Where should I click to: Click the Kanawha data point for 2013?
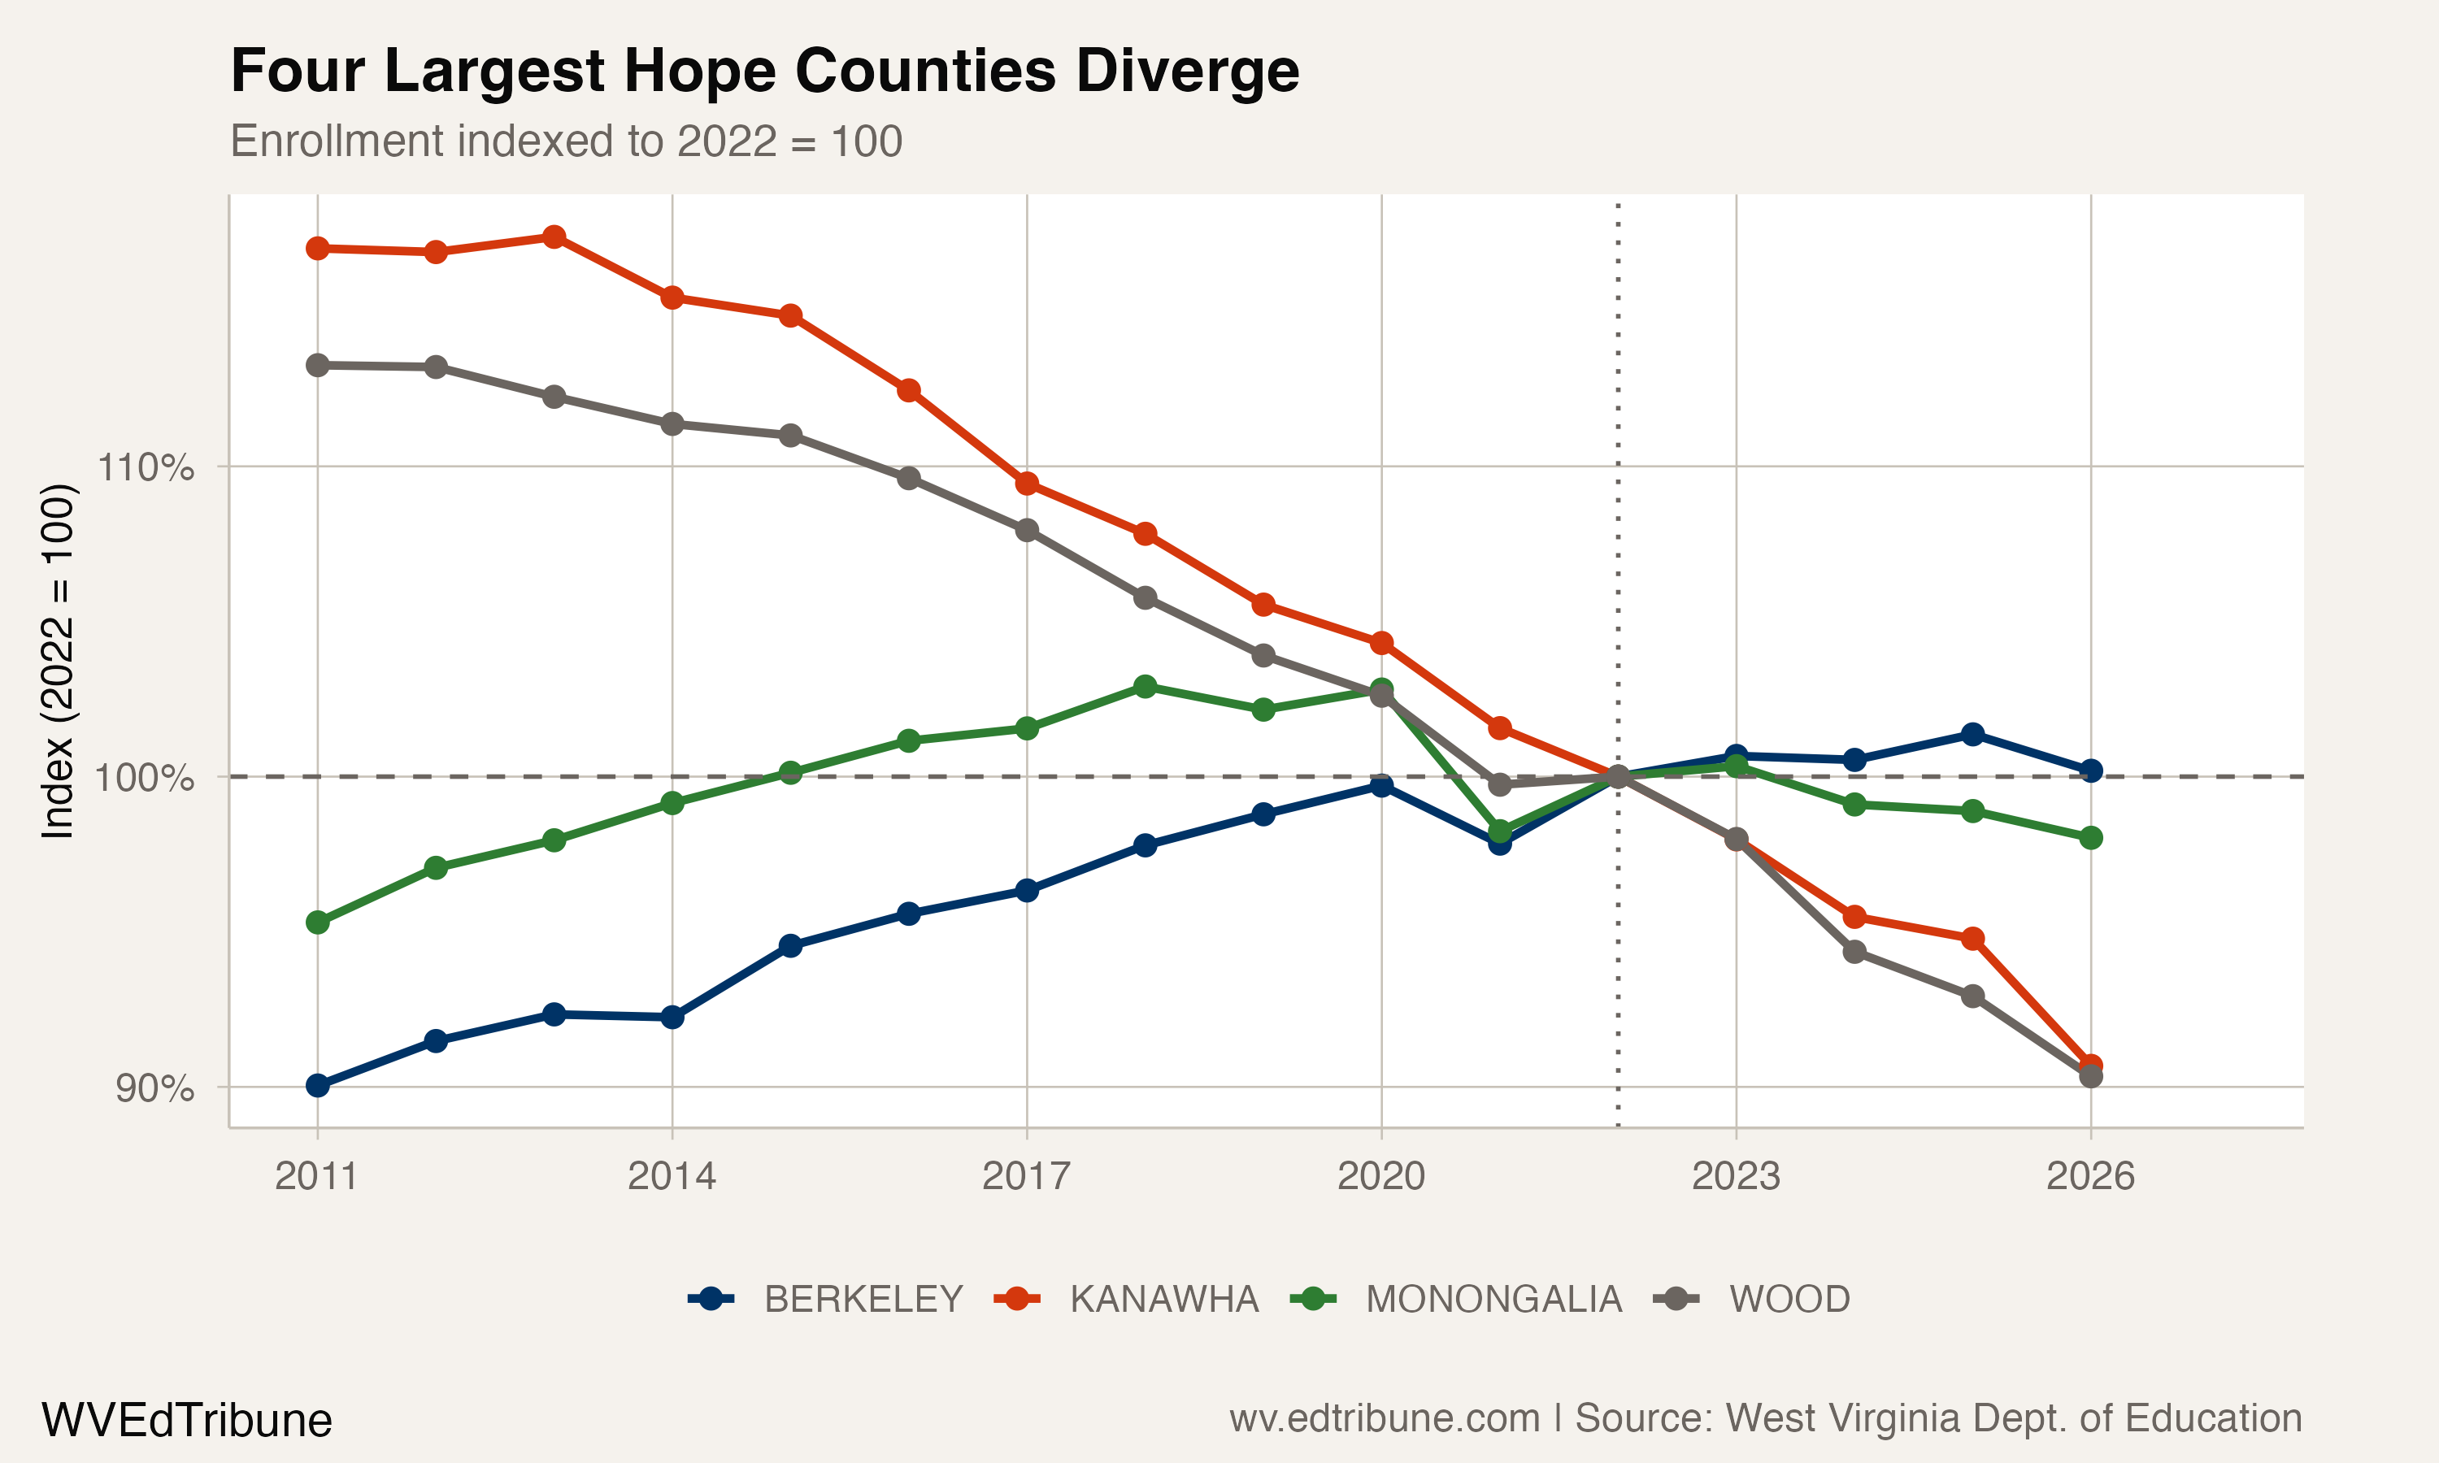pyautogui.click(x=554, y=237)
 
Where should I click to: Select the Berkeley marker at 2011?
pyautogui.click(x=317, y=1085)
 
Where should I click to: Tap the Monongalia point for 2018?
pyautogui.click(x=1145, y=686)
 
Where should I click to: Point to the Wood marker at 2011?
pyautogui.click(x=317, y=365)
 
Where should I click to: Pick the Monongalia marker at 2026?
pyautogui.click(x=2090, y=838)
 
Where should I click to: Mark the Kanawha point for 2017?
pyautogui.click(x=1026, y=483)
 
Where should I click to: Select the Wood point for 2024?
pyautogui.click(x=1854, y=951)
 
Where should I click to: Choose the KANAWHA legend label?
pyautogui.click(x=1163, y=1300)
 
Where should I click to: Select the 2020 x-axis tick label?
pyautogui.click(x=1380, y=1176)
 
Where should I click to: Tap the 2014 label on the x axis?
pyautogui.click(x=672, y=1176)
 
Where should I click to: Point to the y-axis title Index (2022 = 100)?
pyautogui.click(x=57, y=661)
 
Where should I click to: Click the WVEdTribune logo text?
pyautogui.click(x=186, y=1420)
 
